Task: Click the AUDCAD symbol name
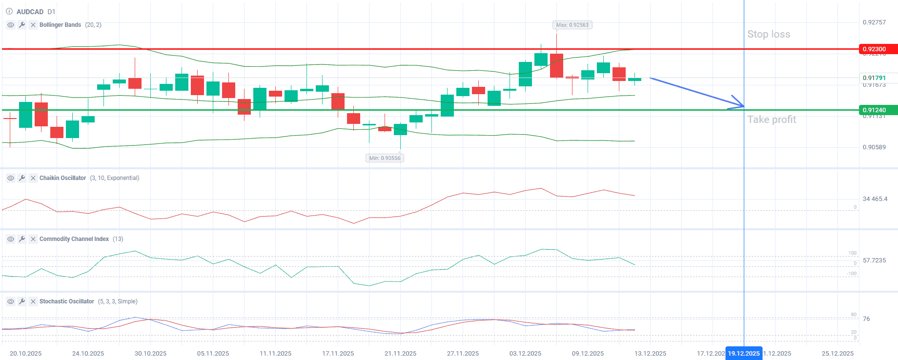[30, 12]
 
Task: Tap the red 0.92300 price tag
[877, 49]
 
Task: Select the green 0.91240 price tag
[877, 110]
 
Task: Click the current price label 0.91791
[874, 78]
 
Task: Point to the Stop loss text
[769, 34]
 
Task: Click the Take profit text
[772, 120]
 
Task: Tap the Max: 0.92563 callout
[572, 25]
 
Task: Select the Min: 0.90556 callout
[385, 158]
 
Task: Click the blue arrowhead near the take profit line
[740, 104]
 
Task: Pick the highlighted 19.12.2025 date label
[744, 354]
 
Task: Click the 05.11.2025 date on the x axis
[213, 354]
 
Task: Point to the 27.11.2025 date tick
[463, 354]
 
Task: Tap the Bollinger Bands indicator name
[60, 25]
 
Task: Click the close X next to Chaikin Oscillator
[33, 178]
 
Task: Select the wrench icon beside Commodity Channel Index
[22, 239]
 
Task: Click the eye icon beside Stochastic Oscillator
[11, 301]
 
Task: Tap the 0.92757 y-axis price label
[874, 22]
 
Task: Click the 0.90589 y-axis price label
[874, 147]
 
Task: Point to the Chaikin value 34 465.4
[875, 199]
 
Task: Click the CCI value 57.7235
[874, 260]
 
